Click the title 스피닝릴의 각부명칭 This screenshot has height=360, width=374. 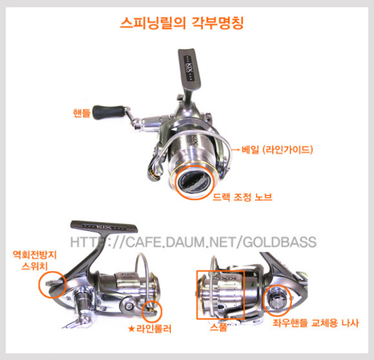click(x=182, y=23)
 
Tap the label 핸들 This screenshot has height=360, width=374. click(x=82, y=113)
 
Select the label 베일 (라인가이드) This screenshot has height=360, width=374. click(x=277, y=150)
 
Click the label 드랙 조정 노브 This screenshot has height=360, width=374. click(x=242, y=197)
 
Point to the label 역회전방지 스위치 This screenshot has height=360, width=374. click(x=35, y=260)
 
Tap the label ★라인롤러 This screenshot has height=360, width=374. click(x=150, y=329)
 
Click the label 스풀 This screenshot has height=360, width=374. click(x=219, y=326)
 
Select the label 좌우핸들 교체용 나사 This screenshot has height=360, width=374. click(x=315, y=323)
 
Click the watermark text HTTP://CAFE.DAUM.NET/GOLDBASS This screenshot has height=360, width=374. click(x=193, y=242)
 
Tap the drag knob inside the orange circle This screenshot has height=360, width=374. click(x=195, y=183)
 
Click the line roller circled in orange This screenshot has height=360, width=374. click(x=151, y=308)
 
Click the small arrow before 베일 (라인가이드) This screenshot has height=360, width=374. click(x=235, y=150)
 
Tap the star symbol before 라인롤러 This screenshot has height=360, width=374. click(x=131, y=329)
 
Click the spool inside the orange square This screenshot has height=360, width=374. click(x=221, y=295)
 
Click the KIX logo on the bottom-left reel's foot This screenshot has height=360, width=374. click(x=104, y=226)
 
